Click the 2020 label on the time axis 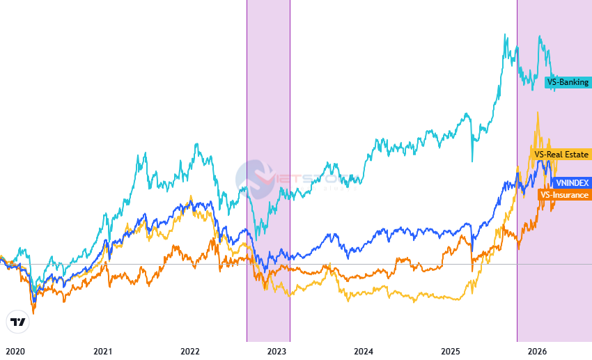pos(15,351)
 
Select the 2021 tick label pos(102,351)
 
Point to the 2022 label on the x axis pos(190,351)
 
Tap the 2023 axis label pos(277,351)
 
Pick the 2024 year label pos(364,351)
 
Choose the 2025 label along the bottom pos(451,351)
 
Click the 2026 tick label pos(537,351)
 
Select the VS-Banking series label pos(567,82)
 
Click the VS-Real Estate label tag pos(561,155)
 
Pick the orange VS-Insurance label pos(564,195)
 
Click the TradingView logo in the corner pos(17,322)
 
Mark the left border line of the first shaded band pos(247,174)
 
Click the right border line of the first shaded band pos(290,174)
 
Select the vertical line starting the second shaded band pos(517,174)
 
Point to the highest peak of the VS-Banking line pos(504,34)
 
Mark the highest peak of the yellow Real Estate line pos(537,112)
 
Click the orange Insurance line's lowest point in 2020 pos(33,313)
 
